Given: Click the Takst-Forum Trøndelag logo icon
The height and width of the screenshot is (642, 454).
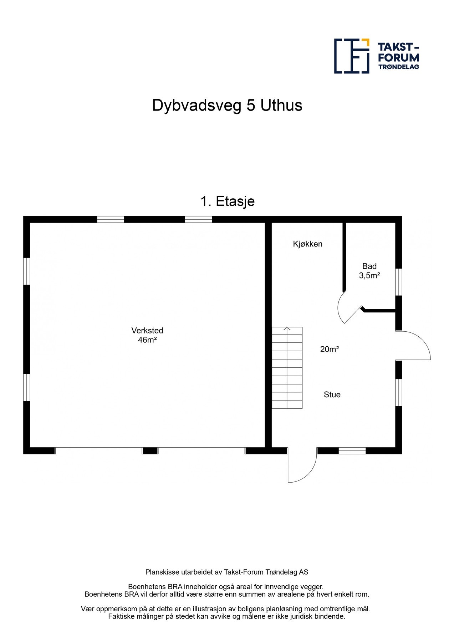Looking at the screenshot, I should tap(351, 56).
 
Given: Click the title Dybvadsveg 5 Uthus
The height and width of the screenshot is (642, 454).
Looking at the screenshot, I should tap(227, 106).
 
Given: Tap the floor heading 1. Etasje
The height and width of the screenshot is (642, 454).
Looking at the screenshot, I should tap(227, 202).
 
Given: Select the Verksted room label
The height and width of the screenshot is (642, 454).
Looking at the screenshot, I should tap(147, 331).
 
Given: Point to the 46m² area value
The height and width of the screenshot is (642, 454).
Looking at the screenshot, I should tap(147, 340).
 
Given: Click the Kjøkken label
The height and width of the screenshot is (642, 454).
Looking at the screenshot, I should tap(307, 244).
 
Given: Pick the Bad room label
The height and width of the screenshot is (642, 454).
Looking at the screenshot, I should tap(369, 266).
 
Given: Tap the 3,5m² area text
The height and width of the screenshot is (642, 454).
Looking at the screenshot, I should tap(369, 275).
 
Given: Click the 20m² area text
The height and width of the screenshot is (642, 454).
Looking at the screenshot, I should tap(329, 350).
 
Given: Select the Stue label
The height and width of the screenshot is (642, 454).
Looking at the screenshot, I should tap(332, 395).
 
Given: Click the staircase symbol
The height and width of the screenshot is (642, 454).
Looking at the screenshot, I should tap(287, 368).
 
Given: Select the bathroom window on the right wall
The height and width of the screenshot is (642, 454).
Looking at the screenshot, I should tap(399, 282).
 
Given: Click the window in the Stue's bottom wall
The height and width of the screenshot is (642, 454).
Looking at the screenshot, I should tap(352, 451).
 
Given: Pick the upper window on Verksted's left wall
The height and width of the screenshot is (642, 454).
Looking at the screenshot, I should tap(26, 271).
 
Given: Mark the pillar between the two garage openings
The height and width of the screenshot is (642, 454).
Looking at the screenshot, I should tap(150, 451).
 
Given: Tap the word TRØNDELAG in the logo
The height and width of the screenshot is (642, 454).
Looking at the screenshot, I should tap(398, 67).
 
